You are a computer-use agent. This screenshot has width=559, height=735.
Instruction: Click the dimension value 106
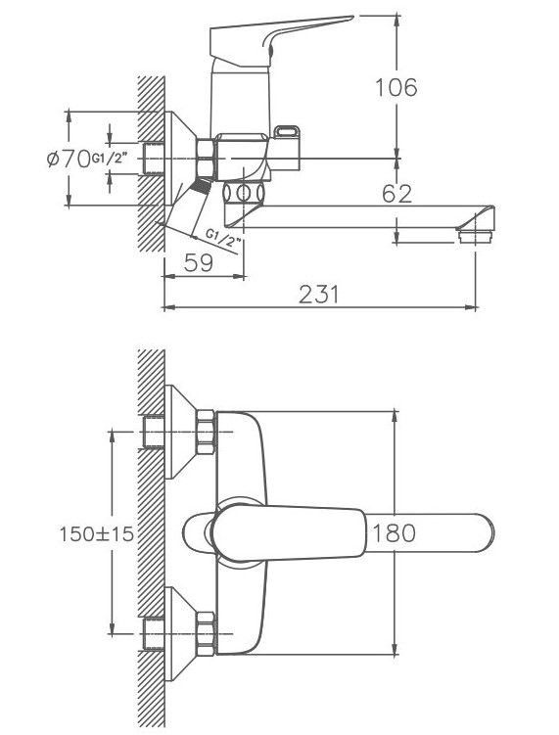tap(396, 88)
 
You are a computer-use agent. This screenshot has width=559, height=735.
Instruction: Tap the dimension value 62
tap(396, 194)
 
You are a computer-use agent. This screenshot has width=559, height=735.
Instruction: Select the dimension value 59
tap(199, 263)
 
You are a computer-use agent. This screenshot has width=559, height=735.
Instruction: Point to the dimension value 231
tap(318, 295)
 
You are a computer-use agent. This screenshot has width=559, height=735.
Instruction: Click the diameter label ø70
tap(69, 159)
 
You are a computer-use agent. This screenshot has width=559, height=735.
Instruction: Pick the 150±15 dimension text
tap(97, 534)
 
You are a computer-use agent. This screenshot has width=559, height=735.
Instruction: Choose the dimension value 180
tap(394, 533)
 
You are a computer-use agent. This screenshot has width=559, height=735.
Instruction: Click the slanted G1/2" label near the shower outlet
tap(223, 239)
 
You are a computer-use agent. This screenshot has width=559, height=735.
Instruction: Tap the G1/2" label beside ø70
tap(110, 159)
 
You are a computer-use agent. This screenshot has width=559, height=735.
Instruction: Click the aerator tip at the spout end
tap(475, 236)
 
